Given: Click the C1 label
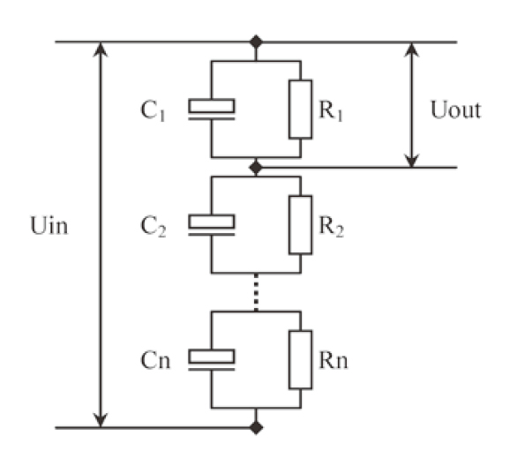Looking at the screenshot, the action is (153, 110).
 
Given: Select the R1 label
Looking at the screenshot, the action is (331, 110).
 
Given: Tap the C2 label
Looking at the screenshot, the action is (153, 227).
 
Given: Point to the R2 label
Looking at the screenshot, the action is (332, 227).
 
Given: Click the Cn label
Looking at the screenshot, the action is (155, 360).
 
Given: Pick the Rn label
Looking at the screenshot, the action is (333, 360).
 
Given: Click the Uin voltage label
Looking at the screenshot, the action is (49, 225).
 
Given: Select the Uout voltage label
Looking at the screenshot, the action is (455, 109).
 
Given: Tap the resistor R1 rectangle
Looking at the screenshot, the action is (301, 109).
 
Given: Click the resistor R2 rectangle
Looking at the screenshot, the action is (301, 225).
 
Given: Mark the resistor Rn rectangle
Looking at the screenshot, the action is (301, 359).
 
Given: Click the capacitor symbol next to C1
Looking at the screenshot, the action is (212, 109).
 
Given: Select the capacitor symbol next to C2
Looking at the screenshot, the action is (212, 225).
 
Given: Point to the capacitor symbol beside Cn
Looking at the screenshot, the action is (212, 359).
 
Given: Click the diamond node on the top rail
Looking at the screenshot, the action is (256, 41).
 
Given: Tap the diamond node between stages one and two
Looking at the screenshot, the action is (256, 168).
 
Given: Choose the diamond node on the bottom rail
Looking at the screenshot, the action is (256, 427).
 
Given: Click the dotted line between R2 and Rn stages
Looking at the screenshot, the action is (256, 292).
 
